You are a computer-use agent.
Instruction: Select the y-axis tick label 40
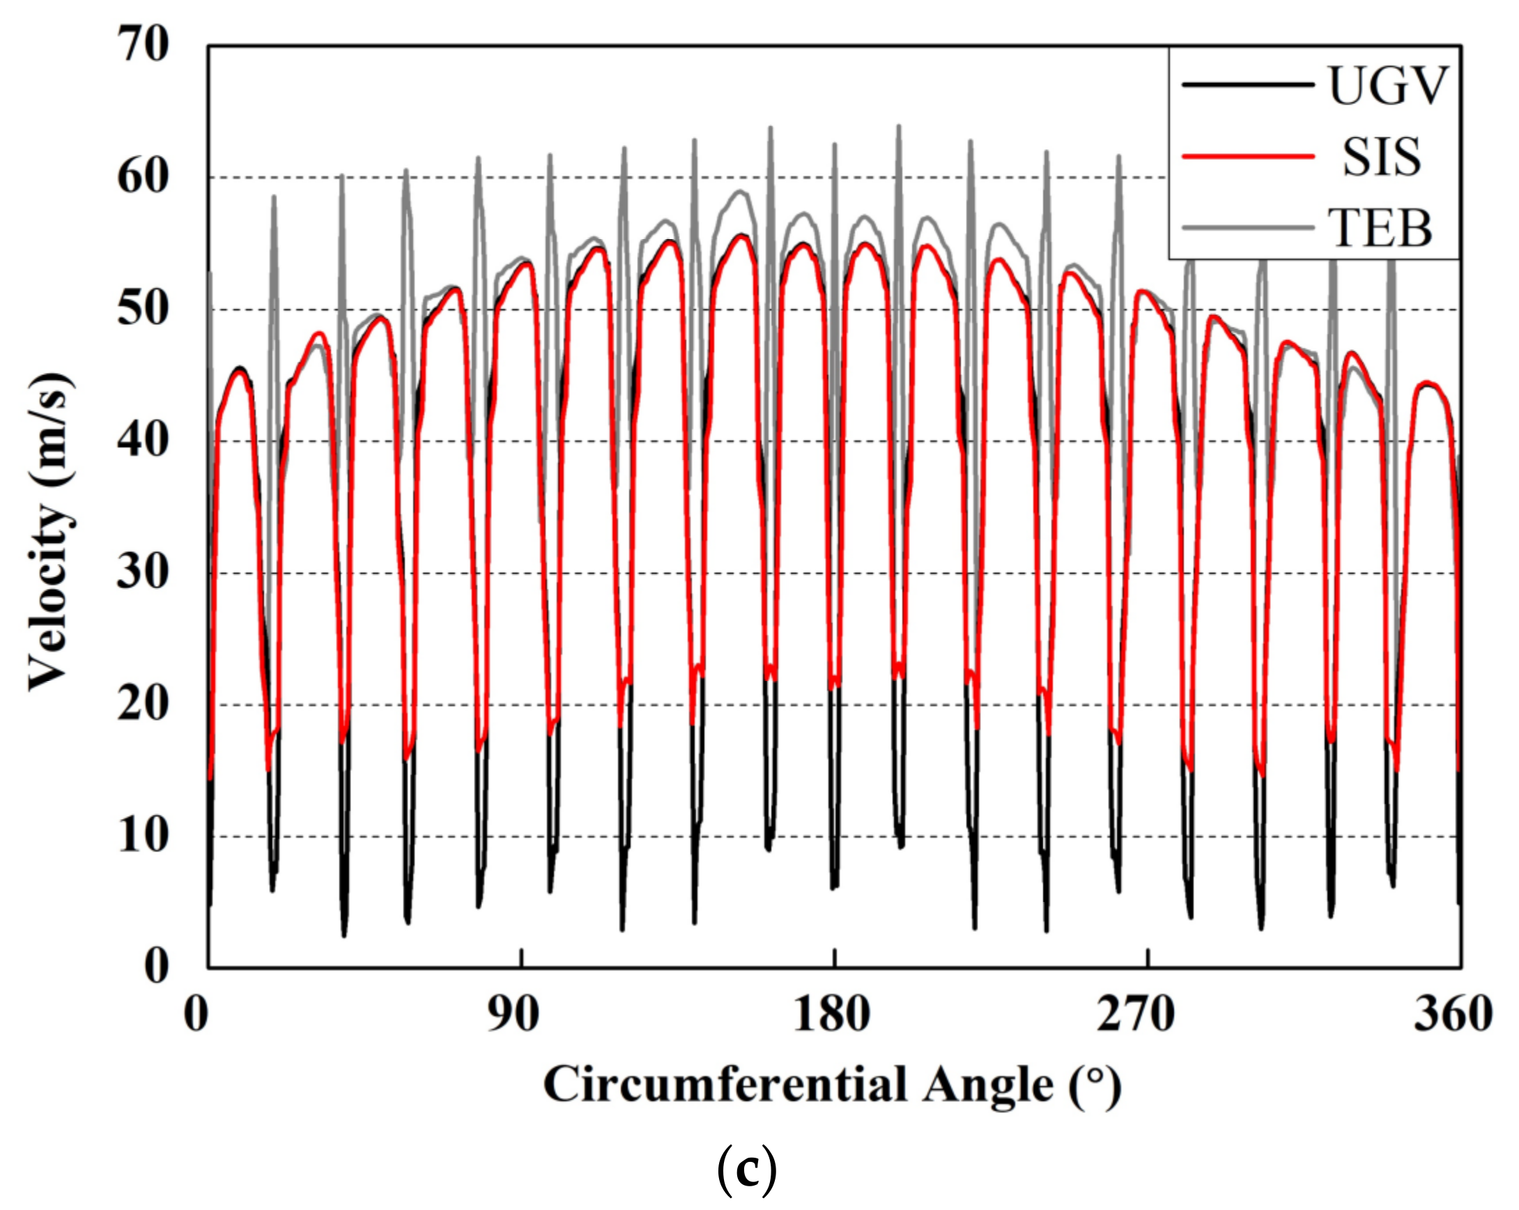point(143,441)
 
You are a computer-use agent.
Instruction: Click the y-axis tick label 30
point(143,572)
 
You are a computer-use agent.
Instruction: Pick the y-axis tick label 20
point(143,704)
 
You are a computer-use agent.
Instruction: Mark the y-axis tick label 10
point(143,836)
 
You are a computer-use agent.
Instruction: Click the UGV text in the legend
point(1387,86)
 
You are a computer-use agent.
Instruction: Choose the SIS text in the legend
point(1381,157)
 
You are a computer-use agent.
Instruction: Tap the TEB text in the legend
point(1381,228)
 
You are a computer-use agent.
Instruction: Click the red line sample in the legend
point(1248,155)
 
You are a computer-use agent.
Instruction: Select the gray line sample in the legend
point(1248,227)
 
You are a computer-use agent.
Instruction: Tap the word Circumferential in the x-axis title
point(726,1085)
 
